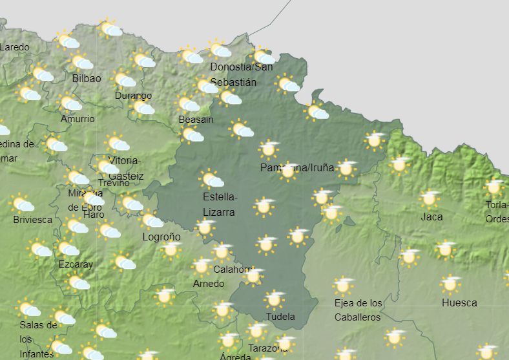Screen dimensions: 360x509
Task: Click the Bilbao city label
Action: coord(87,78)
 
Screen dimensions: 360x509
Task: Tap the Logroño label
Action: coord(161,237)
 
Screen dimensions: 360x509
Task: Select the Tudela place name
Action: coord(280,316)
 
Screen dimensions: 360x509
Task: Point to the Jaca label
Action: coord(431,217)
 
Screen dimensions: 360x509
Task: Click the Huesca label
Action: coord(459,302)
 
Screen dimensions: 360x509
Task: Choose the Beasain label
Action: coord(196,120)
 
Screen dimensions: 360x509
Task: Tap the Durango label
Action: coord(133,96)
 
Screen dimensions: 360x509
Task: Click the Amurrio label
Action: coord(78,119)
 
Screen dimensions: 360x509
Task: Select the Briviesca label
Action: coord(33,219)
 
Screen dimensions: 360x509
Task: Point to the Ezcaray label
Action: coord(76,264)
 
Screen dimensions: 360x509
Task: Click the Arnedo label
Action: coord(209,284)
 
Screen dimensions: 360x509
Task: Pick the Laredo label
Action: coord(15,47)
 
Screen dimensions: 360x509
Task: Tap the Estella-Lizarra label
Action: coord(220,204)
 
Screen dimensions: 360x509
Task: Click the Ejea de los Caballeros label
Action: coord(358,310)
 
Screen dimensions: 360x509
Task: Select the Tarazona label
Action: coord(267,348)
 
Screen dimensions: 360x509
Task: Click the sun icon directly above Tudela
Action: coord(275,299)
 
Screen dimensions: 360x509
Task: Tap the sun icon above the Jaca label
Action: coord(429,198)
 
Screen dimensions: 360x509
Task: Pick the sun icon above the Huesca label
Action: coord(450,283)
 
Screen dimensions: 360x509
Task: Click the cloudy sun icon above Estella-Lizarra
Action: coord(212,180)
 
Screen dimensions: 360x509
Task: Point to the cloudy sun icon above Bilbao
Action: coord(81,62)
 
